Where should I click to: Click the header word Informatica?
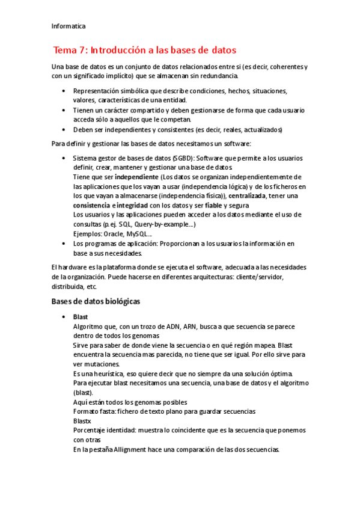click(69, 26)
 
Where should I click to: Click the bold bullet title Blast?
click(81, 316)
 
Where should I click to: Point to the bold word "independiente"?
click(136, 177)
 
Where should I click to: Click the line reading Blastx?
click(81, 420)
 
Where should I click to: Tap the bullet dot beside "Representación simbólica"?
click(64, 91)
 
